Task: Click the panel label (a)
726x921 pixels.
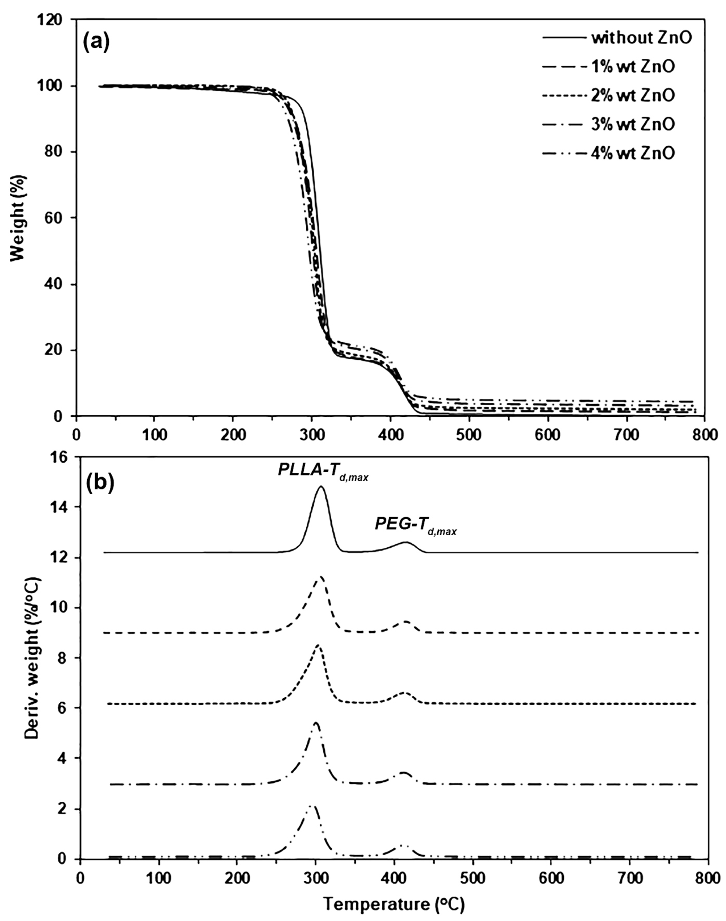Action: (96, 42)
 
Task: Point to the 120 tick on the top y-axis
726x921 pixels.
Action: (56, 20)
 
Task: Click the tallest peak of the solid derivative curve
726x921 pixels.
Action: (321, 487)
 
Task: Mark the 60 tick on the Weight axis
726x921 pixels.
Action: (56, 218)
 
